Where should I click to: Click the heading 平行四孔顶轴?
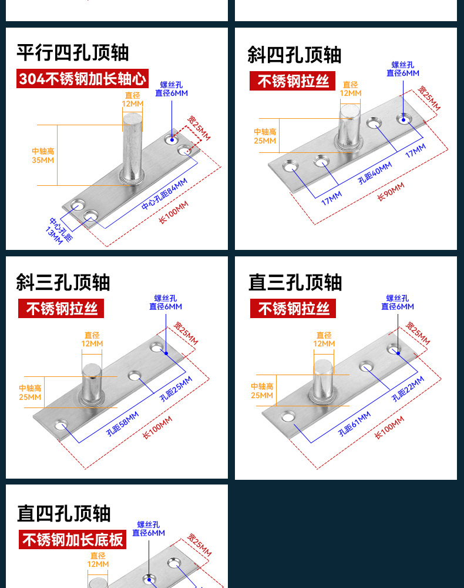point(72,53)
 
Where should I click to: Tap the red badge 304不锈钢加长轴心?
point(82,78)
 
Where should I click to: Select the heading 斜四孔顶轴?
point(294,55)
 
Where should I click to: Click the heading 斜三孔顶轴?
point(63,282)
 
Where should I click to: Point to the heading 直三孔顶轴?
point(295,282)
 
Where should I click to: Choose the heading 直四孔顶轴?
point(63,513)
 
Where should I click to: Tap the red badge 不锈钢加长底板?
point(73,539)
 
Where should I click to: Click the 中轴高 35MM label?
point(43,156)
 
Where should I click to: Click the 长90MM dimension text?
point(391,192)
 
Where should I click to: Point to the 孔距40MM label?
point(375,173)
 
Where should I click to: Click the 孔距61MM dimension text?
point(355,423)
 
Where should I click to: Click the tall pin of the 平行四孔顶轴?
point(132,147)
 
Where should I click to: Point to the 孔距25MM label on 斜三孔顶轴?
point(176,389)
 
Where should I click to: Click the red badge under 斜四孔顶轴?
point(292,81)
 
